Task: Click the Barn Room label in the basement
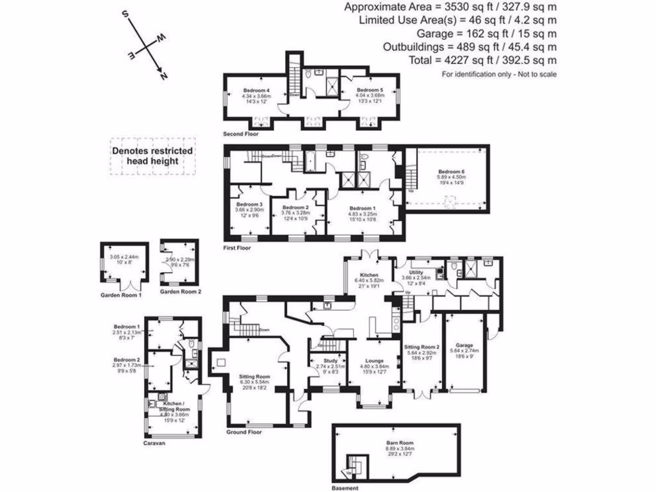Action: click(x=399, y=443)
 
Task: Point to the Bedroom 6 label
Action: click(x=451, y=172)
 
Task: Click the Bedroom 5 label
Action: click(x=369, y=90)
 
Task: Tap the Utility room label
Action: click(x=417, y=272)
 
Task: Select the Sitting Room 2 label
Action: click(x=421, y=347)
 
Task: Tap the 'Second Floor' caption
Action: click(x=240, y=135)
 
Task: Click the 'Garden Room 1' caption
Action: click(x=122, y=295)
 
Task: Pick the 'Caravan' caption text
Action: click(x=156, y=443)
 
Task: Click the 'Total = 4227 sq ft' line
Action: click(x=482, y=60)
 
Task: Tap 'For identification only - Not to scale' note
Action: click(x=499, y=74)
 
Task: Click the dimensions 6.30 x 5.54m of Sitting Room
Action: click(x=254, y=382)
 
